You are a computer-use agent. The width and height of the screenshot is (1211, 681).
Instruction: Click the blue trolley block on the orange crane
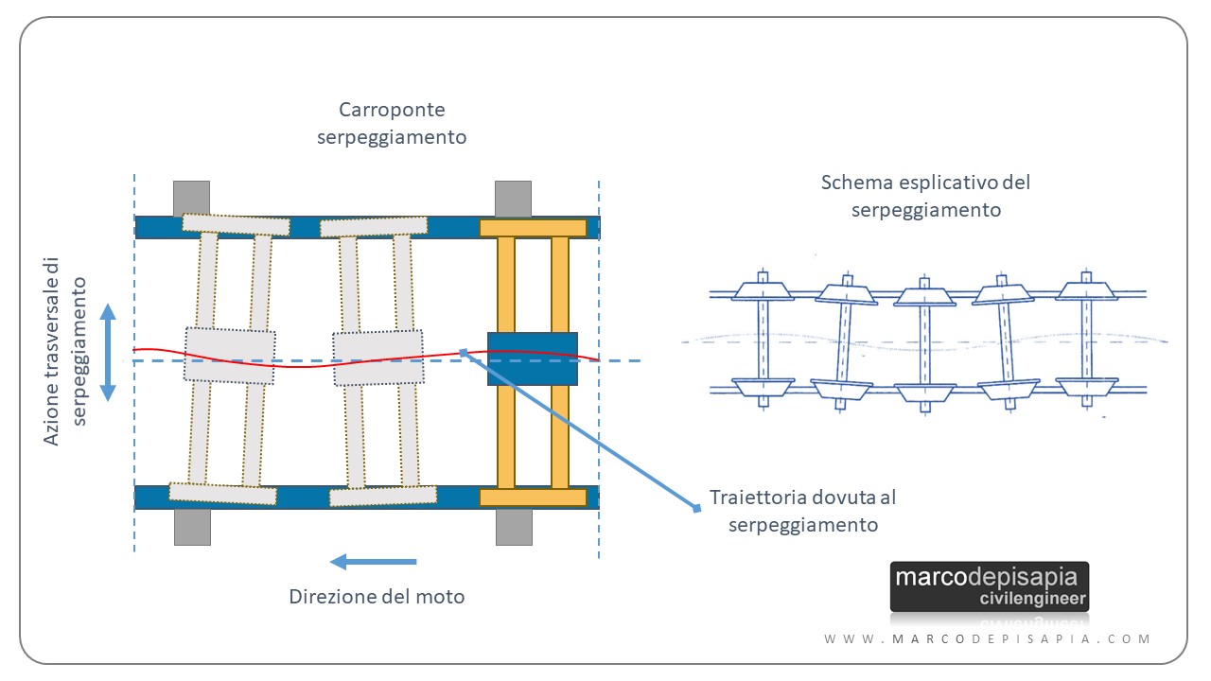pos(532,358)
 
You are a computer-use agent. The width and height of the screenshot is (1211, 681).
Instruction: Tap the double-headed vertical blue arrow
pos(109,352)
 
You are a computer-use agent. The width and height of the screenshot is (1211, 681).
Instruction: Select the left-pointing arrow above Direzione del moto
pos(373,563)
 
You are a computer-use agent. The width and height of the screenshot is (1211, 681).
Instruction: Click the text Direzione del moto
pos(377,597)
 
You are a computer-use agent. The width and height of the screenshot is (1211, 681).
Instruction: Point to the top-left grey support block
pos(191,197)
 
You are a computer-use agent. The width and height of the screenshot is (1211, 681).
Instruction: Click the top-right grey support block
pos(513,197)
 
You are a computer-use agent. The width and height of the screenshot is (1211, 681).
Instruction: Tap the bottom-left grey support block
pos(192,527)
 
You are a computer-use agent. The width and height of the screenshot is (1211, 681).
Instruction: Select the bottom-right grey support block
pos(514,527)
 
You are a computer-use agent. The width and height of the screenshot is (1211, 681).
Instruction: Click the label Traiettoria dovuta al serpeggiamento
pos(803,511)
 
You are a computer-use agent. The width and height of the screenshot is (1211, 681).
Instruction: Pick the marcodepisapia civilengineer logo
pos(989,586)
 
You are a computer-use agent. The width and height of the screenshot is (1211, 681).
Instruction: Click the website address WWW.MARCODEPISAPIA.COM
pos(988,639)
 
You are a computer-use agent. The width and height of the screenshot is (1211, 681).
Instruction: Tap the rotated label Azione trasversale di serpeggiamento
pos(66,351)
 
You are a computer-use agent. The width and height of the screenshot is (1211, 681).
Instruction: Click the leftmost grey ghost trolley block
pos(230,355)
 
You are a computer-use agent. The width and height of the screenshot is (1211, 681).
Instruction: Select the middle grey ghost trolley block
pos(377,358)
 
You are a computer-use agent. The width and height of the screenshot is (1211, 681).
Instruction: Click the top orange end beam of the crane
pos(533,228)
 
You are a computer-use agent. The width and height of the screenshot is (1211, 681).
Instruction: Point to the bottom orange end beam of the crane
pos(533,498)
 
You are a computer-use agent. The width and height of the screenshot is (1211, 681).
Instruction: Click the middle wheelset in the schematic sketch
pos(926,342)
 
